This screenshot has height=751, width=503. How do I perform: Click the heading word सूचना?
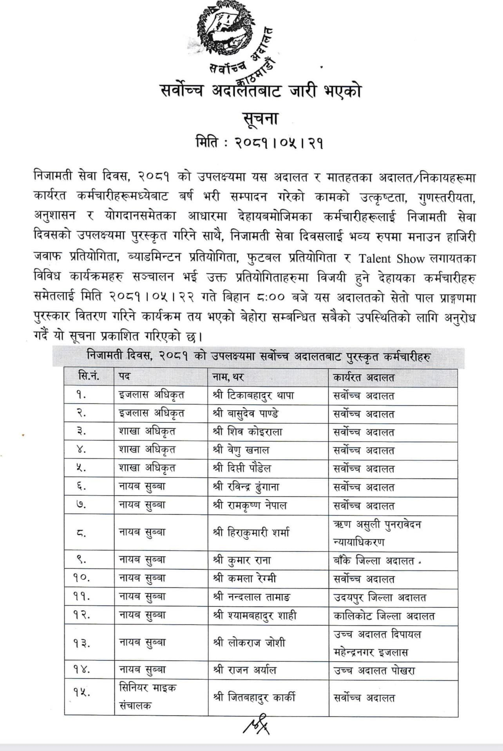[260, 117]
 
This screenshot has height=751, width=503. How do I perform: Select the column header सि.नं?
[89, 377]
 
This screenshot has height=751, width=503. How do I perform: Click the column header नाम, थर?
[228, 377]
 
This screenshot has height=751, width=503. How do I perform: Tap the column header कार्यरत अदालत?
[364, 377]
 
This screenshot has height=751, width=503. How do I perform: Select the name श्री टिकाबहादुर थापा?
[253, 395]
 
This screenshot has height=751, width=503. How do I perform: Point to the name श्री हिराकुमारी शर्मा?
[251, 533]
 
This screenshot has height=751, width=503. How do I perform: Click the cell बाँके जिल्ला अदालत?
[374, 561]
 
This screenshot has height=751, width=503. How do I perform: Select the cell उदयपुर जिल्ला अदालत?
[380, 598]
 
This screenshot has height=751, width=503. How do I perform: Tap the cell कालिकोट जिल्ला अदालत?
[384, 616]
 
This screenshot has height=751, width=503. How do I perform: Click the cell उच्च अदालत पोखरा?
[374, 670]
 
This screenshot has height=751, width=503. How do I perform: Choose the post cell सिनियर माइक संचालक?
[148, 697]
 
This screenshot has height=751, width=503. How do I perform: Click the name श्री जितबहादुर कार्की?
[254, 697]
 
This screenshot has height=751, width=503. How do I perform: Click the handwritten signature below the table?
[257, 727]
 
